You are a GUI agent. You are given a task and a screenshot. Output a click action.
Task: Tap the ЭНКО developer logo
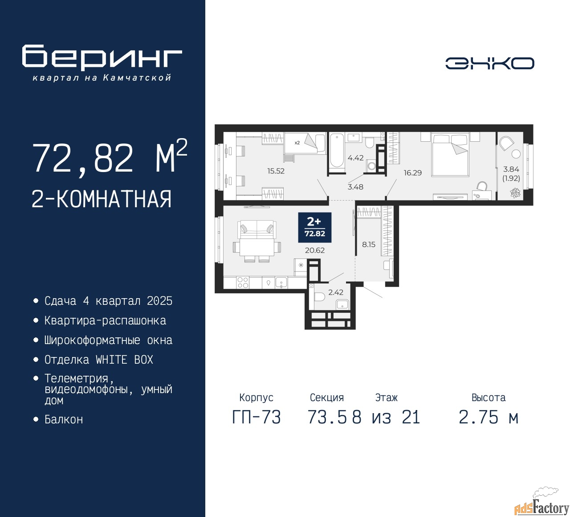489,63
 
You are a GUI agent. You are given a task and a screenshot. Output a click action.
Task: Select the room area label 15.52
276,171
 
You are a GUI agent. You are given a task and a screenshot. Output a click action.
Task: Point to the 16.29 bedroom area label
413,172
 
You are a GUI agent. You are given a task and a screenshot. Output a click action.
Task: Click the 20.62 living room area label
314,250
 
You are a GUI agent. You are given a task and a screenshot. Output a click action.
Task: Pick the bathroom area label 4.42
355,158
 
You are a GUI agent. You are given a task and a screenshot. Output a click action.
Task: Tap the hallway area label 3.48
355,187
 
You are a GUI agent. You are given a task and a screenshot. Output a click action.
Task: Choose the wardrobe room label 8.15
369,244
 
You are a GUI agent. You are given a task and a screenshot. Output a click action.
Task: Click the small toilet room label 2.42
336,292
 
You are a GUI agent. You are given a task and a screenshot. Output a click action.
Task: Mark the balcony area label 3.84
511,169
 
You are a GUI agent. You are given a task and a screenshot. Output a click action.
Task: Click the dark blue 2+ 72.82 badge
314,227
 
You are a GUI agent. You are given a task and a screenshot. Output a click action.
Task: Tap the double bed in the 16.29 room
449,155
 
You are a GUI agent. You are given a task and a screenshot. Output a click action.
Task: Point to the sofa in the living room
257,229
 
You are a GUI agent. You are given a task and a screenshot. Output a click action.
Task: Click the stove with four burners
243,283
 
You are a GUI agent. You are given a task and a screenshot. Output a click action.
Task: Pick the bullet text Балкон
64,419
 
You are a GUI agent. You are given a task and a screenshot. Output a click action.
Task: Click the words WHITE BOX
124,360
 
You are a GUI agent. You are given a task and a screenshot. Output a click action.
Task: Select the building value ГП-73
256,417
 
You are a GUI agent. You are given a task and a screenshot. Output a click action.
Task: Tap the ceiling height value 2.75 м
489,417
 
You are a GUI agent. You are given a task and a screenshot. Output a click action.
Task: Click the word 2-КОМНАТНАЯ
102,199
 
